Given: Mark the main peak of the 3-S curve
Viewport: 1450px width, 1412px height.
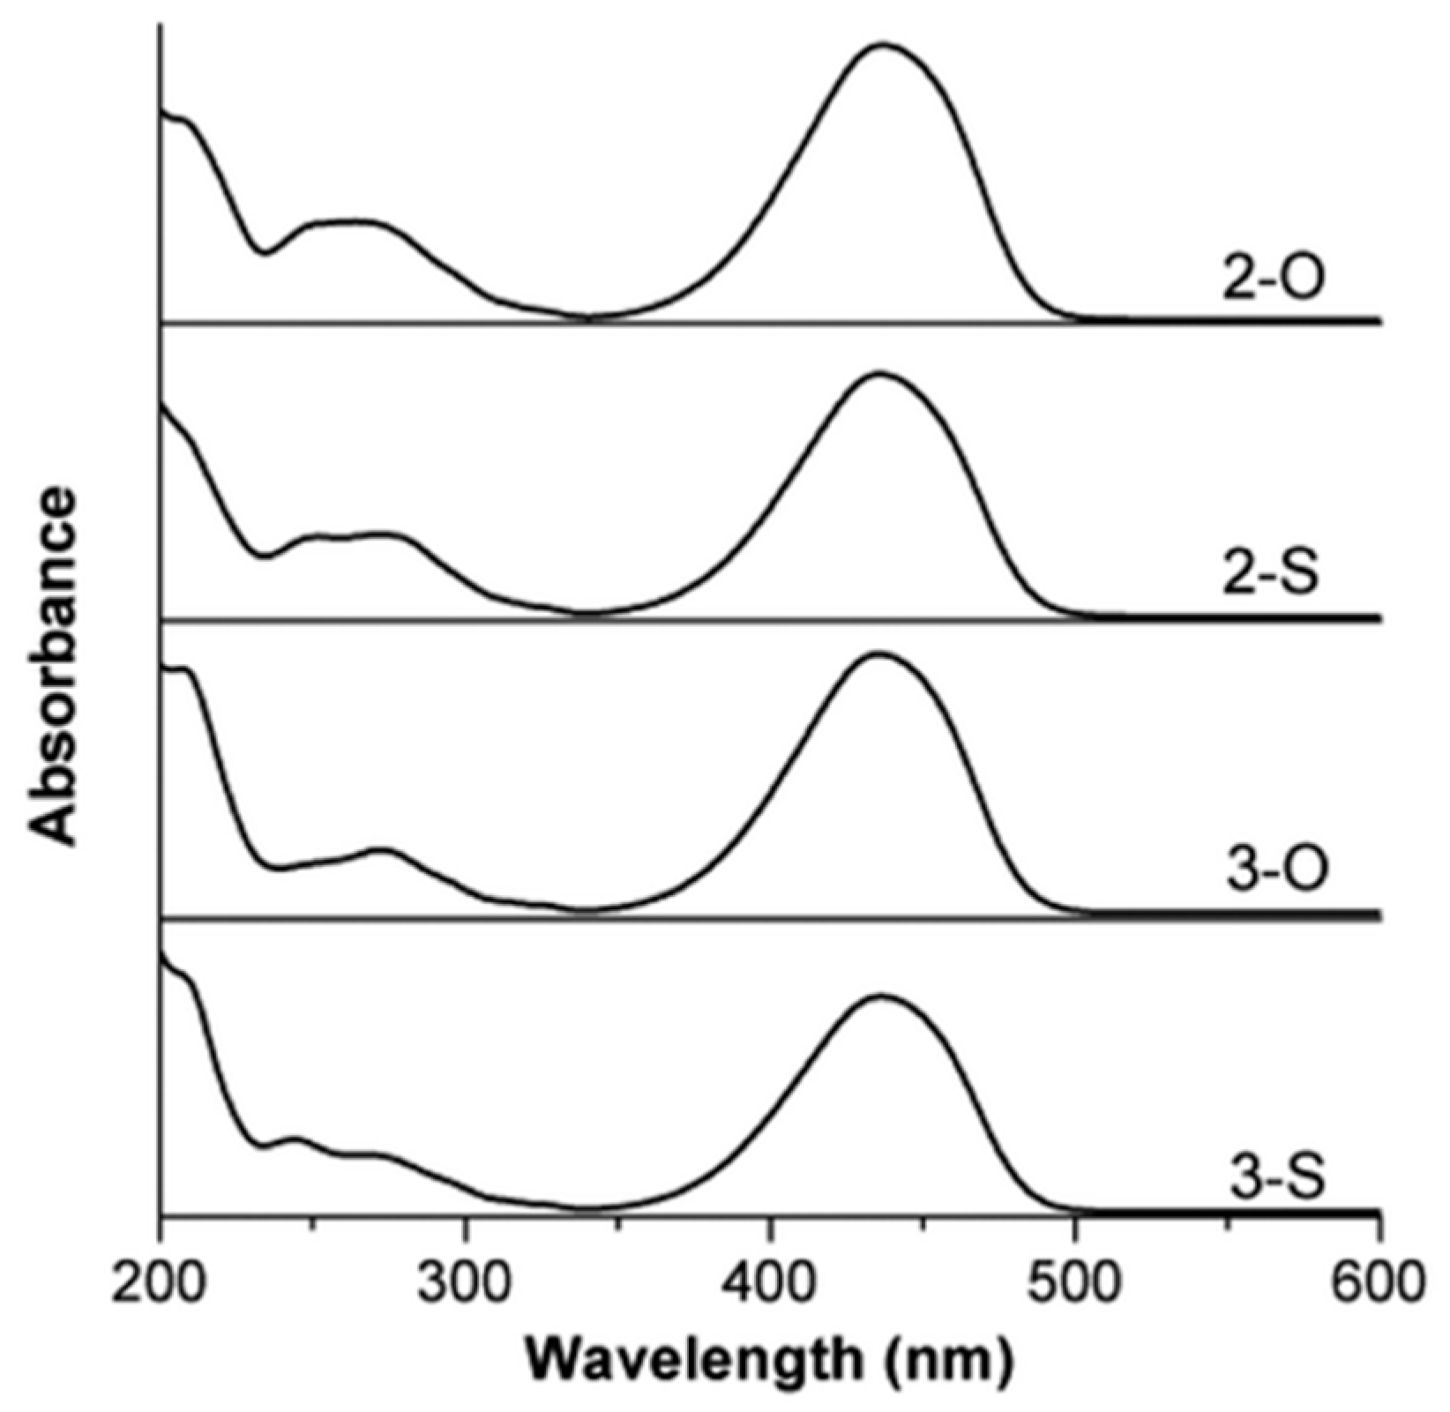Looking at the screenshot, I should click(880, 996).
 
